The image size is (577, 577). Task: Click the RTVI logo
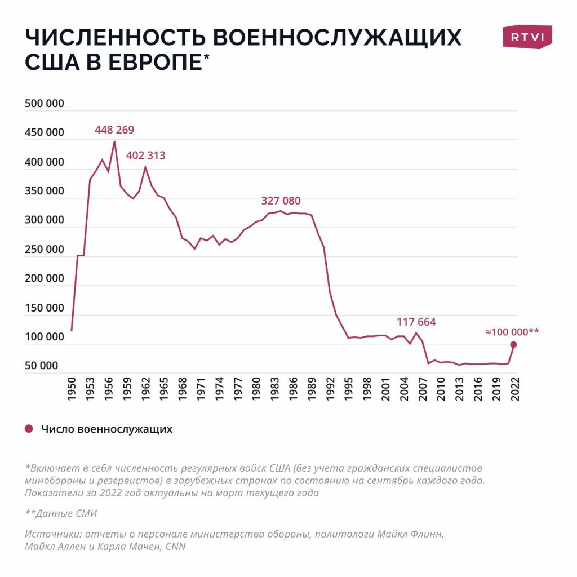527,37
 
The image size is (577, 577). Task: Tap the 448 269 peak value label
114,130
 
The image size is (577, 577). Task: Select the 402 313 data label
146,155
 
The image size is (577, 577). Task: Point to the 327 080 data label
281,201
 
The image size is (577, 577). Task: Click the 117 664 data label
416,322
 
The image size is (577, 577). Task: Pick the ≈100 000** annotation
512,332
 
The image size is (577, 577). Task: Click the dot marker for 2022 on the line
513,344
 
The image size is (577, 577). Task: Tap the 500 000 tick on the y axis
45,104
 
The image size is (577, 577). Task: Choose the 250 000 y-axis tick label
45,250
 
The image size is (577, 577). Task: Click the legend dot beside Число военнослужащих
29,429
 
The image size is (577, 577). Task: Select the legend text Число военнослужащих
106,429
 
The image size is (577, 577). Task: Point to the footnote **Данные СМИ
61,513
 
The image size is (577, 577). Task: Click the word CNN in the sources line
175,546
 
